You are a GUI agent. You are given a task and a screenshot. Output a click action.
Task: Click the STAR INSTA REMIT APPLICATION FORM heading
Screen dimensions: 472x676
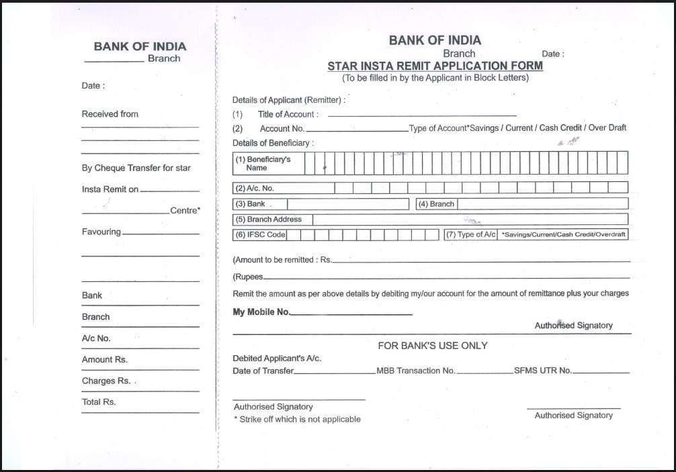tap(435, 66)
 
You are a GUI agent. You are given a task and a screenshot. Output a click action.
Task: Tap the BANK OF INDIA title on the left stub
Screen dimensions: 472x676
tap(140, 47)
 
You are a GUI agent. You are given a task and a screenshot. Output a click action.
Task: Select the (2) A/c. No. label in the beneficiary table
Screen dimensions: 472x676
tap(255, 189)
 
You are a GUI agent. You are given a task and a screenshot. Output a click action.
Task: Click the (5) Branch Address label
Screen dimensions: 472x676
tap(268, 220)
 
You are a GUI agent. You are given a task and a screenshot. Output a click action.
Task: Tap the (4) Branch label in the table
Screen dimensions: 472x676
tap(436, 204)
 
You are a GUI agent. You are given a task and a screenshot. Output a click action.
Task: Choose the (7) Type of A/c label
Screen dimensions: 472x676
tap(471, 235)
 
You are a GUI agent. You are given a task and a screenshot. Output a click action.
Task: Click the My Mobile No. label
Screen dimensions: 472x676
tap(261, 312)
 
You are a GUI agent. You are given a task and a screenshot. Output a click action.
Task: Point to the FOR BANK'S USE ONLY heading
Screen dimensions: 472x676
tap(432, 346)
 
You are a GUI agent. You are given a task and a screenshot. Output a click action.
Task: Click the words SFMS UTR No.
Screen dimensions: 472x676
tap(543, 371)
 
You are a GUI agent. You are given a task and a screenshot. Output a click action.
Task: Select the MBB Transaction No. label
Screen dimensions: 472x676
tap(415, 371)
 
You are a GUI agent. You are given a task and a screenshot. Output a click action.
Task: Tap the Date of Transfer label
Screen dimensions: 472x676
tap(263, 371)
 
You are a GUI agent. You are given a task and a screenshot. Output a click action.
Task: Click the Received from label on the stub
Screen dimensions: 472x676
tap(110, 114)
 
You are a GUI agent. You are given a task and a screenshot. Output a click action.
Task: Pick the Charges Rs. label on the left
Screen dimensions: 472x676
tap(106, 381)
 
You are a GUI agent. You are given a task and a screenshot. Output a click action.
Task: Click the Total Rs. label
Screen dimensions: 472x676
tap(99, 402)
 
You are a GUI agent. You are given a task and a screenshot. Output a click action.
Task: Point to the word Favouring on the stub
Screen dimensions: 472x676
tap(101, 232)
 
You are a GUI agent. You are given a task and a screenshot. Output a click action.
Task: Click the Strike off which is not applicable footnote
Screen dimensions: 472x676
tap(297, 419)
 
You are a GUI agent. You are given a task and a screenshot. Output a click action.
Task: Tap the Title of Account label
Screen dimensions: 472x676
tap(288, 115)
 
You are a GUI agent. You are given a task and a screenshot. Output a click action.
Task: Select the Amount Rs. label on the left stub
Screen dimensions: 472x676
tap(104, 360)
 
